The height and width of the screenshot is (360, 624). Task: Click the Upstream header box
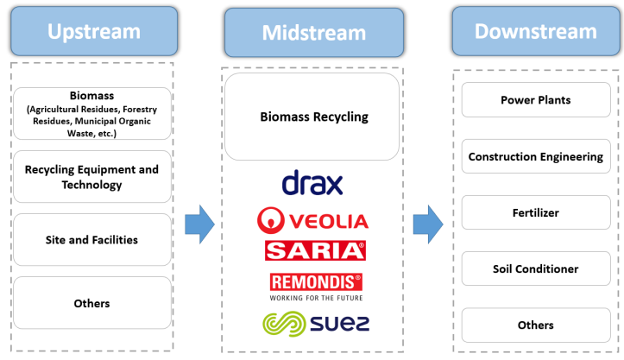point(94,31)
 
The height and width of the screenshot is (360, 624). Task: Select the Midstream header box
point(314,33)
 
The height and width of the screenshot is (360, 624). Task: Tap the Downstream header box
point(536,31)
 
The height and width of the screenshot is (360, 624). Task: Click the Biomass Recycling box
point(312,117)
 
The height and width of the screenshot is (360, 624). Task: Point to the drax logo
point(312,182)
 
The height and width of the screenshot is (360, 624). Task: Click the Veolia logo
point(312,220)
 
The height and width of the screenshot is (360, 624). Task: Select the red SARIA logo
point(315,250)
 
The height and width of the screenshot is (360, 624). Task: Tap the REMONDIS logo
point(316,287)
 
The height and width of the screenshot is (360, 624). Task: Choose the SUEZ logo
point(316,324)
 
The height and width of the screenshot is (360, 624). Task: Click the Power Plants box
point(536,100)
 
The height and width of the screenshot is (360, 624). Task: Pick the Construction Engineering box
point(536,156)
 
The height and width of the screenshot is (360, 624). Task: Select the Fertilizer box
point(536,212)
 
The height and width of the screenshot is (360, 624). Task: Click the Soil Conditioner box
point(536,268)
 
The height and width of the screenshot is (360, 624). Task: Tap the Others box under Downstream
point(536,325)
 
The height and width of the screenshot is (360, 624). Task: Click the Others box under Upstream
point(92,303)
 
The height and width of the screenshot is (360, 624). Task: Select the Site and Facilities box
point(92,240)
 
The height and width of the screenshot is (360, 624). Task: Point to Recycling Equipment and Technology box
point(92,177)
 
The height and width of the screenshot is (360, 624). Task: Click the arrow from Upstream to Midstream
point(199,224)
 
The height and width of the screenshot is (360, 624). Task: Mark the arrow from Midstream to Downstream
point(428,224)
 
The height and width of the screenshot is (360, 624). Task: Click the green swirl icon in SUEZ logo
point(284,324)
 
